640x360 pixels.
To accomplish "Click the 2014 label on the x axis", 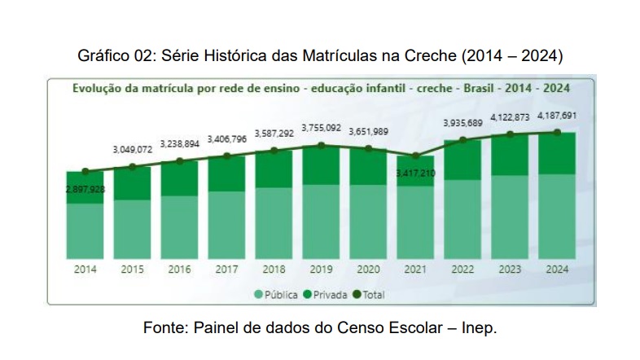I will [85, 269].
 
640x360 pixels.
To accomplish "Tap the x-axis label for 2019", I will [322, 269].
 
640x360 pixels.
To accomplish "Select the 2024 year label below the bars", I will [557, 269].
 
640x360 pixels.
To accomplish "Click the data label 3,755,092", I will [321, 128].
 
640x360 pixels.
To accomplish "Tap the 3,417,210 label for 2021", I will [415, 173].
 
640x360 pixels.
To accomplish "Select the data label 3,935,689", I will [462, 123].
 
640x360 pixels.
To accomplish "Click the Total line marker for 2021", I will [416, 155].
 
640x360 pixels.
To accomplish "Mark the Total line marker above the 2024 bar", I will [557, 132].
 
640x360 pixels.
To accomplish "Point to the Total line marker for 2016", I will [180, 160].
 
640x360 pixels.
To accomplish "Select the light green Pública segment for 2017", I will [227, 224].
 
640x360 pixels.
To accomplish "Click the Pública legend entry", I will [276, 294].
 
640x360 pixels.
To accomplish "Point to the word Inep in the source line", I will [478, 328].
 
